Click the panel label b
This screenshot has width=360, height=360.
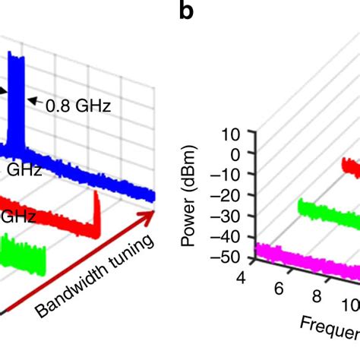click(x=186, y=12)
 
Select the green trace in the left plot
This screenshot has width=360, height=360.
click(x=23, y=254)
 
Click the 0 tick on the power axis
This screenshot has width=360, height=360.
click(x=234, y=154)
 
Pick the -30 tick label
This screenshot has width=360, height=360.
click(x=228, y=215)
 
